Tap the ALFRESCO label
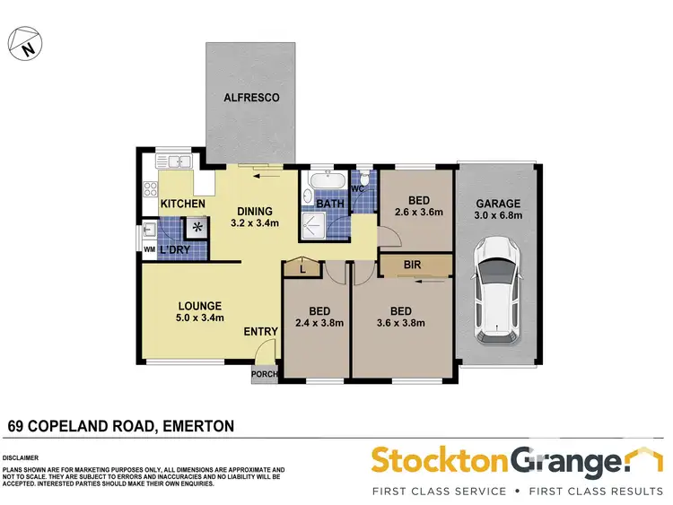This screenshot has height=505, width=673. (x=251, y=97)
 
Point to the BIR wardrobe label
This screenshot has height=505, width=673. (x=414, y=266)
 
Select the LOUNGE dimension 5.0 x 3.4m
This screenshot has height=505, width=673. (x=199, y=317)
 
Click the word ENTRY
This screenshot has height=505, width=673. (x=261, y=332)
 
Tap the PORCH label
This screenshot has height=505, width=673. (x=264, y=374)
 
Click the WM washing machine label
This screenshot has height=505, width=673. (x=149, y=248)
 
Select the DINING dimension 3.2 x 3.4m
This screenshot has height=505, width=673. (x=254, y=223)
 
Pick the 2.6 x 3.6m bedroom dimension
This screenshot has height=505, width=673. (x=419, y=213)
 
